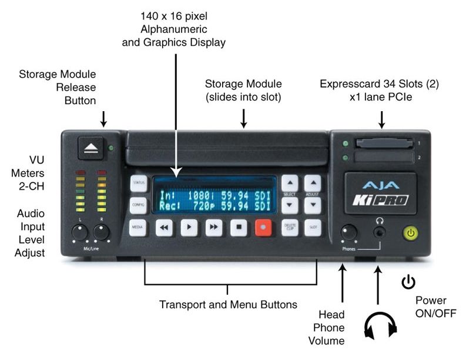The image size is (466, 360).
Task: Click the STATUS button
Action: coord(138,183)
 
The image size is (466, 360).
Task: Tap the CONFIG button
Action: coord(138,205)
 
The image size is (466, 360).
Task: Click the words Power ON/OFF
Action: coord(435,306)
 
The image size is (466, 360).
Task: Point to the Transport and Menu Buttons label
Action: coord(228,305)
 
